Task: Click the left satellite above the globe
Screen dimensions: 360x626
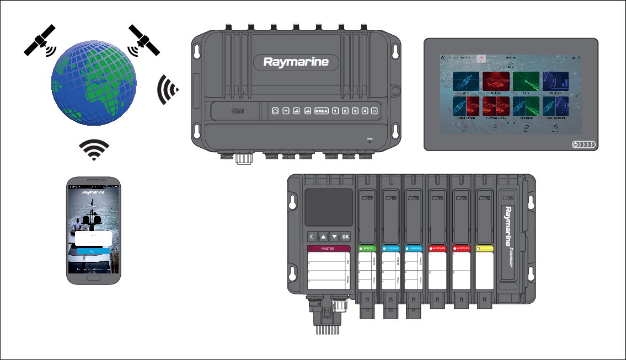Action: pos(40,40)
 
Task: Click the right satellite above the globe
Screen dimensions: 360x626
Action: pos(143,40)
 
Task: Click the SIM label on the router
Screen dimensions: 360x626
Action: pos(239,111)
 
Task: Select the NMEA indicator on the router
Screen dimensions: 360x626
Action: pos(321,111)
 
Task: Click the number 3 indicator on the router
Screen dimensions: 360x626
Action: pos(355,111)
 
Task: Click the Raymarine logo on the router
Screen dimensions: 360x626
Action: pos(296,62)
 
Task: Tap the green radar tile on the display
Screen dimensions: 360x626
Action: pos(526,82)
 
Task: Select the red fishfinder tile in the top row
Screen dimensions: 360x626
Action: pos(496,82)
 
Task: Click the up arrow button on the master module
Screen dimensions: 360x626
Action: pos(323,237)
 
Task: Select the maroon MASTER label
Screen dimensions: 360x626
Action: pos(329,249)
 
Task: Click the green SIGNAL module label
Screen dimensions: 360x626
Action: pos(367,249)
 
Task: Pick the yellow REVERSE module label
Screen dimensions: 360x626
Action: pos(486,249)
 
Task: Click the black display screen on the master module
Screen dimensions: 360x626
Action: pos(329,206)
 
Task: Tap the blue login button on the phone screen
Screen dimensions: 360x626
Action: pos(93,251)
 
